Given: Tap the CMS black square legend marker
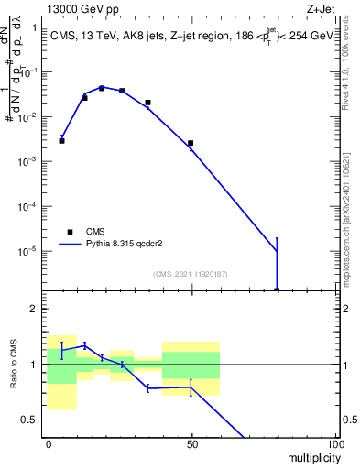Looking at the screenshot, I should pyautogui.click(x=70, y=232).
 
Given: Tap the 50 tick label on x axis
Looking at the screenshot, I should pyautogui.click(x=191, y=443).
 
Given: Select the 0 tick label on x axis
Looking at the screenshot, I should pyautogui.click(x=49, y=443).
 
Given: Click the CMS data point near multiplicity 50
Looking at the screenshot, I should pyautogui.click(x=190, y=143).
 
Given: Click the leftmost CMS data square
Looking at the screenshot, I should pyautogui.click(x=61, y=141).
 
